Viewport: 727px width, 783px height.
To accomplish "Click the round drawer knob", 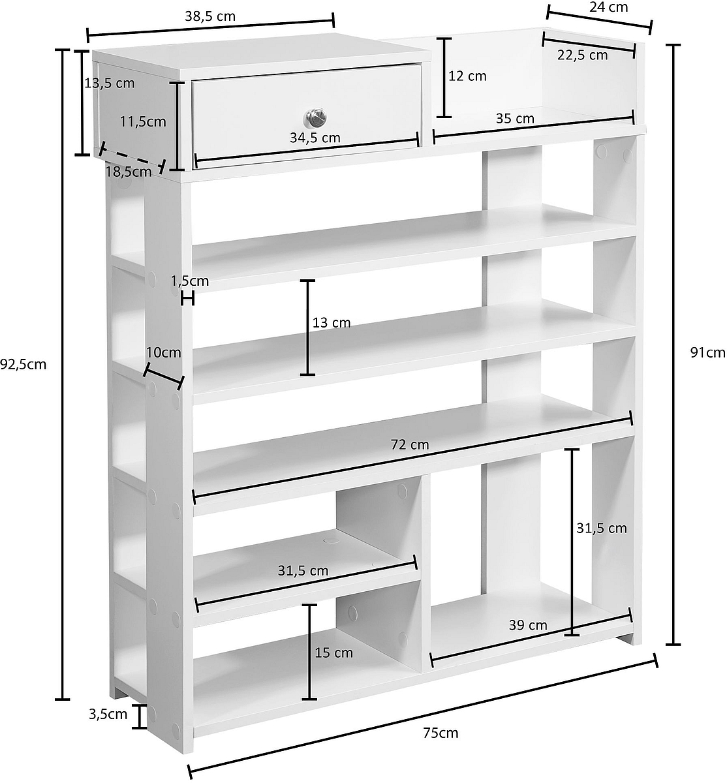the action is coord(315,117).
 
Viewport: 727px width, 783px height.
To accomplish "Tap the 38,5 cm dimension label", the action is coord(210,16).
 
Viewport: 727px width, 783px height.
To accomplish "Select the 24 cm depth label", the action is coord(608,7).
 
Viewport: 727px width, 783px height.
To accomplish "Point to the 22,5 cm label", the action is coord(582,55).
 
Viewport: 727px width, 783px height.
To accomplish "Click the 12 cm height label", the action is coord(467,76).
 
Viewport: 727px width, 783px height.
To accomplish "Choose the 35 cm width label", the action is coord(515,118).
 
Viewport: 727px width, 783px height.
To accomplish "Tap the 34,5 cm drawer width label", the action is coord(315,138).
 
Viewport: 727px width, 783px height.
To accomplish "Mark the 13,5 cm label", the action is coord(110,83).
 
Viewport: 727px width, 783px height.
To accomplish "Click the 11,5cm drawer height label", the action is coord(143,122).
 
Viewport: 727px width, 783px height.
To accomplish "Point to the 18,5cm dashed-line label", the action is coord(129,172).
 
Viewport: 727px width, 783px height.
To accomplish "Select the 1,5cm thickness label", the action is coord(190,281).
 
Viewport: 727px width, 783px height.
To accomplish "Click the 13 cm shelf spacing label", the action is coord(332,323).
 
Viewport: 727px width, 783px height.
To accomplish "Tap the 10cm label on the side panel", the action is coord(163,352).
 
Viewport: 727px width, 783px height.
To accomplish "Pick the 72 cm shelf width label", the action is coord(410,445).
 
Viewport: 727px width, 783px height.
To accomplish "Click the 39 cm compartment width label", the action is coord(528,625).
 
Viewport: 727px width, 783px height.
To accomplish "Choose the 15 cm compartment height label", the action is coord(333,653).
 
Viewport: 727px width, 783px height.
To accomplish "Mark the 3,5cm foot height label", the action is coord(108,714).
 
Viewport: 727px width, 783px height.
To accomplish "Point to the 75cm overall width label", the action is coord(441,733).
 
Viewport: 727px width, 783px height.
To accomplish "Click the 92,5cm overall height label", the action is coord(23,365).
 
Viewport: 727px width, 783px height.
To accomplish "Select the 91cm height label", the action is coord(707,352).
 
